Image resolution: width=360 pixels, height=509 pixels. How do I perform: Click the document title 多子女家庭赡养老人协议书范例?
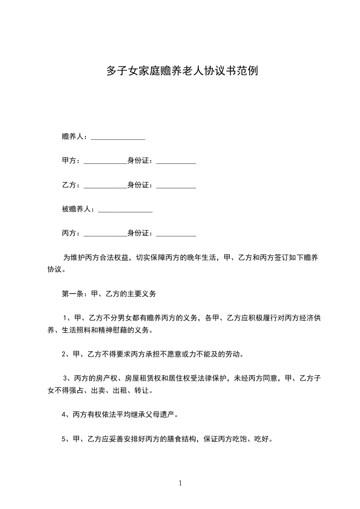coord(182,71)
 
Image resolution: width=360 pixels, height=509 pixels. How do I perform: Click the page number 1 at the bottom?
coord(180,483)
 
